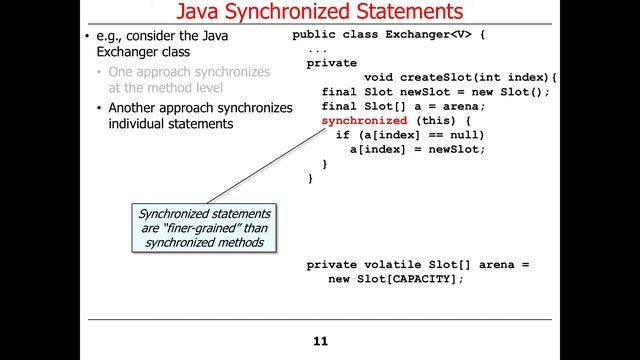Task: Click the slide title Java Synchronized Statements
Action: (x=320, y=13)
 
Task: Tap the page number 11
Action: (x=320, y=342)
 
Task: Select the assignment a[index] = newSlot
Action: (x=417, y=149)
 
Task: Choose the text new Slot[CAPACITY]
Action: (x=396, y=279)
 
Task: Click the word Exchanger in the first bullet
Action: (x=123, y=53)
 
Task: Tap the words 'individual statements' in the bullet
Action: (x=170, y=124)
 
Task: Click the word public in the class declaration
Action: (x=314, y=35)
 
